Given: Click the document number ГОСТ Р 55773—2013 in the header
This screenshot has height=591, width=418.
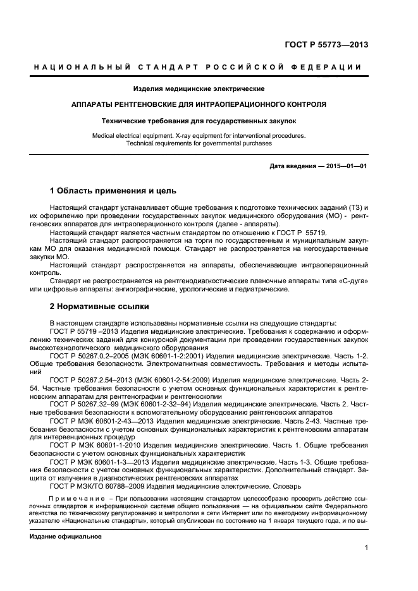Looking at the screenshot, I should tap(328, 44).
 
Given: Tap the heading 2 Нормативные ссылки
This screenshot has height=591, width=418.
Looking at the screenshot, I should tap(99, 307).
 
